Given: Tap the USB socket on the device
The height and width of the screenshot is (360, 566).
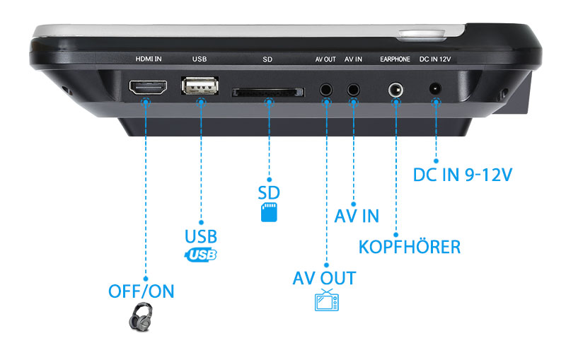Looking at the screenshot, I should [200, 87].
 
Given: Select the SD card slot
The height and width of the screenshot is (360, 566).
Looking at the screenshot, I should [268, 92].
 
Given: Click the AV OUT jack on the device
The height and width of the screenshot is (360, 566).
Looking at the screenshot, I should [326, 90].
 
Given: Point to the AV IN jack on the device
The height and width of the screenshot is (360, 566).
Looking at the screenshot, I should [353, 90].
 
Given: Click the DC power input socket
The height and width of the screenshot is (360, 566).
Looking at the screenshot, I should [436, 90].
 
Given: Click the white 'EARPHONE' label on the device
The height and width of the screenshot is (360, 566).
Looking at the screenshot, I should [395, 59].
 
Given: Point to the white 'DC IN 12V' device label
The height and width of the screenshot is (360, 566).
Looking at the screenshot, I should [436, 59].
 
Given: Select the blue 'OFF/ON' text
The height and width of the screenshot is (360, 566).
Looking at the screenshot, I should [141, 291].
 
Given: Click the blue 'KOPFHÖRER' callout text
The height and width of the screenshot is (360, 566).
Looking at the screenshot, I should [410, 247].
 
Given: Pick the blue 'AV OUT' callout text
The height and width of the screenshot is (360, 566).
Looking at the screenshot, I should [324, 277].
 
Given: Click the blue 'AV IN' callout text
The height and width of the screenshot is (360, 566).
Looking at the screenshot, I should [357, 215].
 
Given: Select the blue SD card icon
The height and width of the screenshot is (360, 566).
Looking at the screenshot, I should [269, 212].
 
